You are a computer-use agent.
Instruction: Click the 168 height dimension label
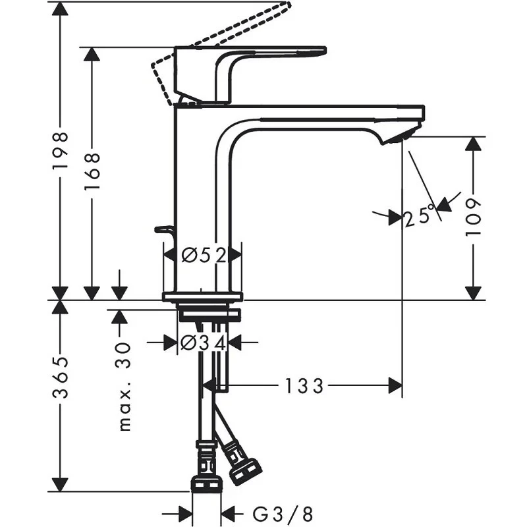pyautogui.click(x=92, y=172)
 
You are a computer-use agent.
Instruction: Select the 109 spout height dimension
pyautogui.click(x=474, y=217)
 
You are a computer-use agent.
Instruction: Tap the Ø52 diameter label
pyautogui.click(x=203, y=254)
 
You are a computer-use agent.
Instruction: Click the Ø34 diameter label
pyautogui.click(x=203, y=343)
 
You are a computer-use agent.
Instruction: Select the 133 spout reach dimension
pyautogui.click(x=304, y=386)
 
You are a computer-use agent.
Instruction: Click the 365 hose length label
pyautogui.click(x=61, y=378)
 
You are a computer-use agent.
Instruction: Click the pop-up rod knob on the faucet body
pyautogui.click(x=163, y=230)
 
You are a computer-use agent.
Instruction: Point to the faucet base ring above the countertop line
pyautogui.click(x=203, y=296)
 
